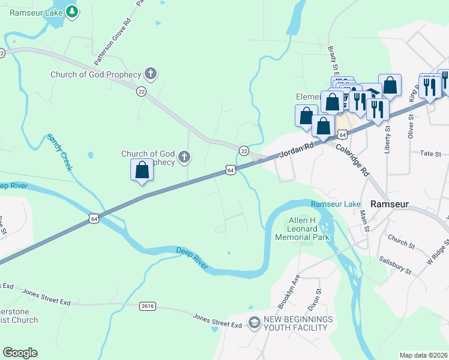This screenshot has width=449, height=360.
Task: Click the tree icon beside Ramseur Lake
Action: coord(71,11)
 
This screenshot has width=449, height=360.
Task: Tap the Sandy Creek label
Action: coord(60,152)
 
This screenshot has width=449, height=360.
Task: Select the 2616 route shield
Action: coord(148,306)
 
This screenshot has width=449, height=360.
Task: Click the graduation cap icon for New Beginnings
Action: coord(254,323)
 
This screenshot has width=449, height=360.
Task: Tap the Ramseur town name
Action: coord(389,203)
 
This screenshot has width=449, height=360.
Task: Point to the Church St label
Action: coord(402,241)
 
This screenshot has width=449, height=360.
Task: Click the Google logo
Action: coord(20,353)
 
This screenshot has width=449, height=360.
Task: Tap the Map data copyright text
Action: coord(423,355)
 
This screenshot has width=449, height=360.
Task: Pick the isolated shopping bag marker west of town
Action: coord(142,170)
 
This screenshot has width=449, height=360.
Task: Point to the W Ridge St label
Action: coord(438,253)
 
